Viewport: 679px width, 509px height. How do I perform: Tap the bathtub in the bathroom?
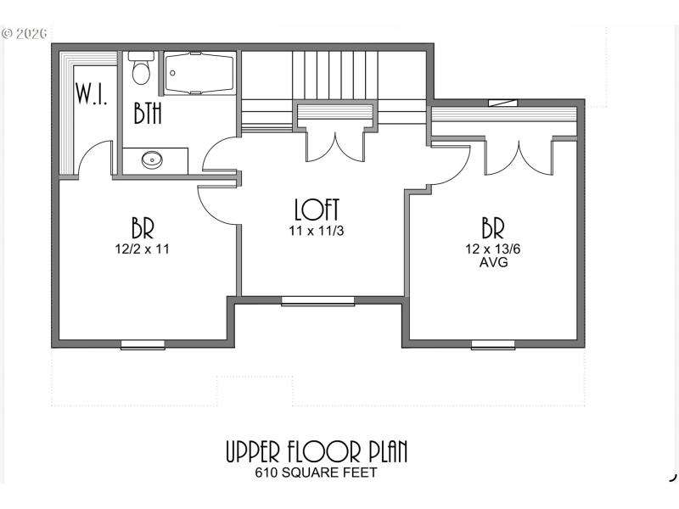pos(198,74)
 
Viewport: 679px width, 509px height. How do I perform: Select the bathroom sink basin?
pos(153,159)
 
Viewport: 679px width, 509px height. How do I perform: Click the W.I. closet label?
pos(91,93)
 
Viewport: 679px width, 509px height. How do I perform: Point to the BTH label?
pos(148,113)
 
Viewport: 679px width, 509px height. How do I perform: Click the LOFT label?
pos(317,209)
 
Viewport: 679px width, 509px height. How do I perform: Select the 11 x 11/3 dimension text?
pos(317,229)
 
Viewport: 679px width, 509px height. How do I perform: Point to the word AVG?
pos(493,262)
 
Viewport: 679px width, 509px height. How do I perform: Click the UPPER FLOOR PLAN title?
pos(316,451)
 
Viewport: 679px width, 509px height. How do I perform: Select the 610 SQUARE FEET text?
pos(316,473)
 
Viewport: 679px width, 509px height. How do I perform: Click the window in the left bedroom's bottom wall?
pos(143,344)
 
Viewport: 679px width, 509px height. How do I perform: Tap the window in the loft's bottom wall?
pos(318,300)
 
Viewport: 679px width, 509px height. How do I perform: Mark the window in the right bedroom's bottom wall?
pos(493,344)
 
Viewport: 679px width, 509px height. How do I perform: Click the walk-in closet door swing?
pos(96,159)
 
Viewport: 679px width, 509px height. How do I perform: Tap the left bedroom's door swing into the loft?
pos(216,205)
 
